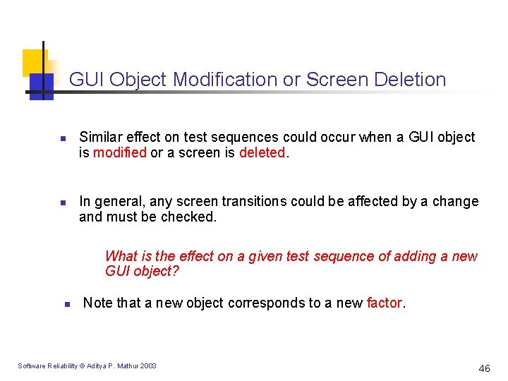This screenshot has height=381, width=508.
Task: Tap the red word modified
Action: (x=120, y=152)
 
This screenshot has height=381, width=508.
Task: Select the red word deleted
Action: (x=261, y=152)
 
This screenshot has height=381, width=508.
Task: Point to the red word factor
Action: (x=384, y=303)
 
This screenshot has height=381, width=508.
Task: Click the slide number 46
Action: (x=484, y=368)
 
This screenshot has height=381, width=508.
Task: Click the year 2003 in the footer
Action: (x=148, y=365)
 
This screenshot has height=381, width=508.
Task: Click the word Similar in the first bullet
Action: (x=100, y=137)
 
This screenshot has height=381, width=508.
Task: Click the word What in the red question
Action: (x=119, y=256)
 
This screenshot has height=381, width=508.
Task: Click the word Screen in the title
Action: (x=334, y=80)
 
